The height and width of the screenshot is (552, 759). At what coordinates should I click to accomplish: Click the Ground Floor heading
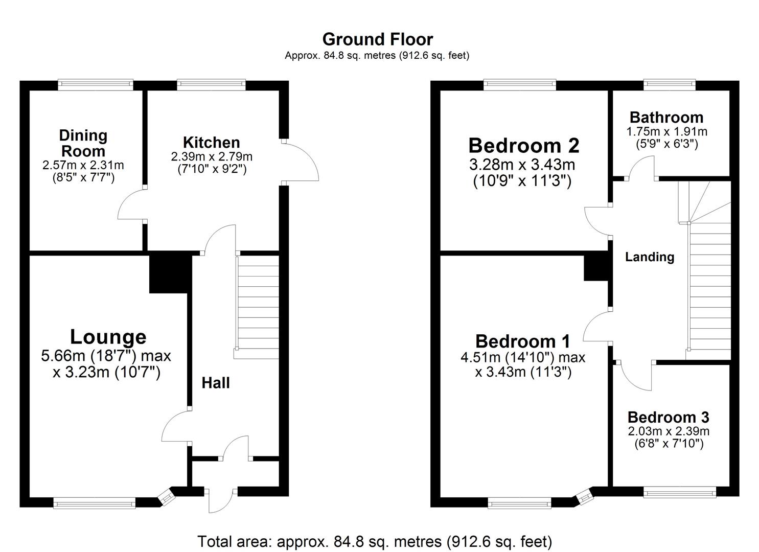coord(377,39)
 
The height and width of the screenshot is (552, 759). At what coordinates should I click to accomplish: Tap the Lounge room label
coord(108,337)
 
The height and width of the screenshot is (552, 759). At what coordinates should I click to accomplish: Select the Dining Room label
coord(83,143)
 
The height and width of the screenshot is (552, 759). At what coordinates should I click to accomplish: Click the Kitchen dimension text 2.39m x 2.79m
coord(212,156)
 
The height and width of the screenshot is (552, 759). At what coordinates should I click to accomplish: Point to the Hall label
coord(215,383)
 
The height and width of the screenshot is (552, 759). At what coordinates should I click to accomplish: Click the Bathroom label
coord(666,117)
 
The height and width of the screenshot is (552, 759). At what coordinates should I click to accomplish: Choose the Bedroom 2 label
coord(523,146)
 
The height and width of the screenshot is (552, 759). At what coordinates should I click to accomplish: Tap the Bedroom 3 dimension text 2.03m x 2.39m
coord(669,431)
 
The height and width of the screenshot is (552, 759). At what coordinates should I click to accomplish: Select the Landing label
coord(650,257)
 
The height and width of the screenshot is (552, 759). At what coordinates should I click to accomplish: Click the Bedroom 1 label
coord(522,341)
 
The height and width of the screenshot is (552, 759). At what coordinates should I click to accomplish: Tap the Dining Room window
coord(96,85)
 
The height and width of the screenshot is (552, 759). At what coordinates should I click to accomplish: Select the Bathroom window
coord(669,85)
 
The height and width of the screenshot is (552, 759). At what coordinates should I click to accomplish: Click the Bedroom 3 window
coord(680,493)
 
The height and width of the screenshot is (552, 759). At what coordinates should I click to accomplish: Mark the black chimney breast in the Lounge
coord(169,274)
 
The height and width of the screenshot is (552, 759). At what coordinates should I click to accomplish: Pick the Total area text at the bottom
coord(375,541)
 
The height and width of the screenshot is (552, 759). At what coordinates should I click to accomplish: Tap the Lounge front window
coord(95,504)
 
